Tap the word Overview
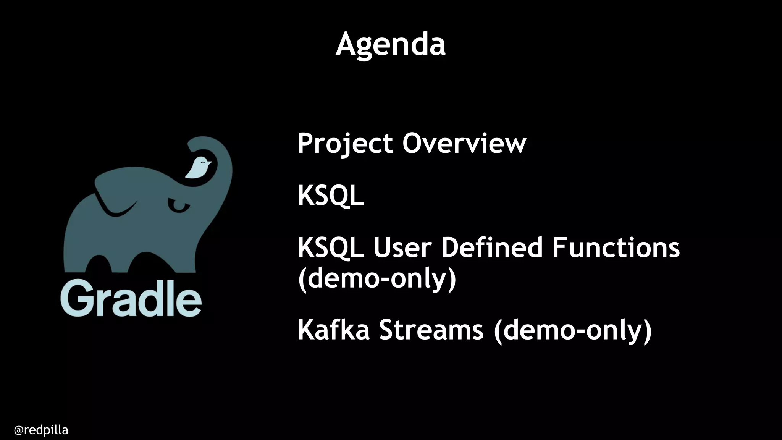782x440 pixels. pos(464,144)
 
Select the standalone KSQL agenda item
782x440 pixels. pos(330,196)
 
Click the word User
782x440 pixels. pos(402,247)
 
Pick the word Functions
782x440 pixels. pos(616,247)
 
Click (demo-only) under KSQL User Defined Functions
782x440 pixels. pos(377,279)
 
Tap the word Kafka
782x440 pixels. pos(333,330)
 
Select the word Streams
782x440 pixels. pos(431,330)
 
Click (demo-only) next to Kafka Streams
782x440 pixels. pos(573,330)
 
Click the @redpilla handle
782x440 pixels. pos(41,430)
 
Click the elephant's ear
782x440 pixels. pos(115,195)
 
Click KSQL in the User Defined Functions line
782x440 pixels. pos(330,247)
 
